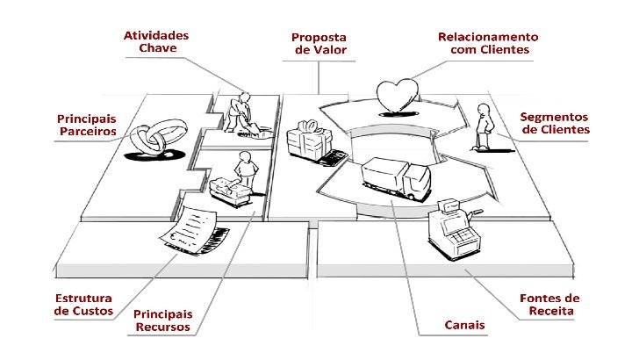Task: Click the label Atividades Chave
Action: point(157,42)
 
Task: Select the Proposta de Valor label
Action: point(319,44)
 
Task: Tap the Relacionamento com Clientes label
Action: point(489,44)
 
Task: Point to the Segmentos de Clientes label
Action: point(555,123)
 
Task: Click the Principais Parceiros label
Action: point(87,125)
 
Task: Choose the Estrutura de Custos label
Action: point(84,305)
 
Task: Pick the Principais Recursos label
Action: point(163,320)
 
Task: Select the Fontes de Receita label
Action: point(550,305)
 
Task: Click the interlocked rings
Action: point(154,138)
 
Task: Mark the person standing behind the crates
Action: point(245,169)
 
